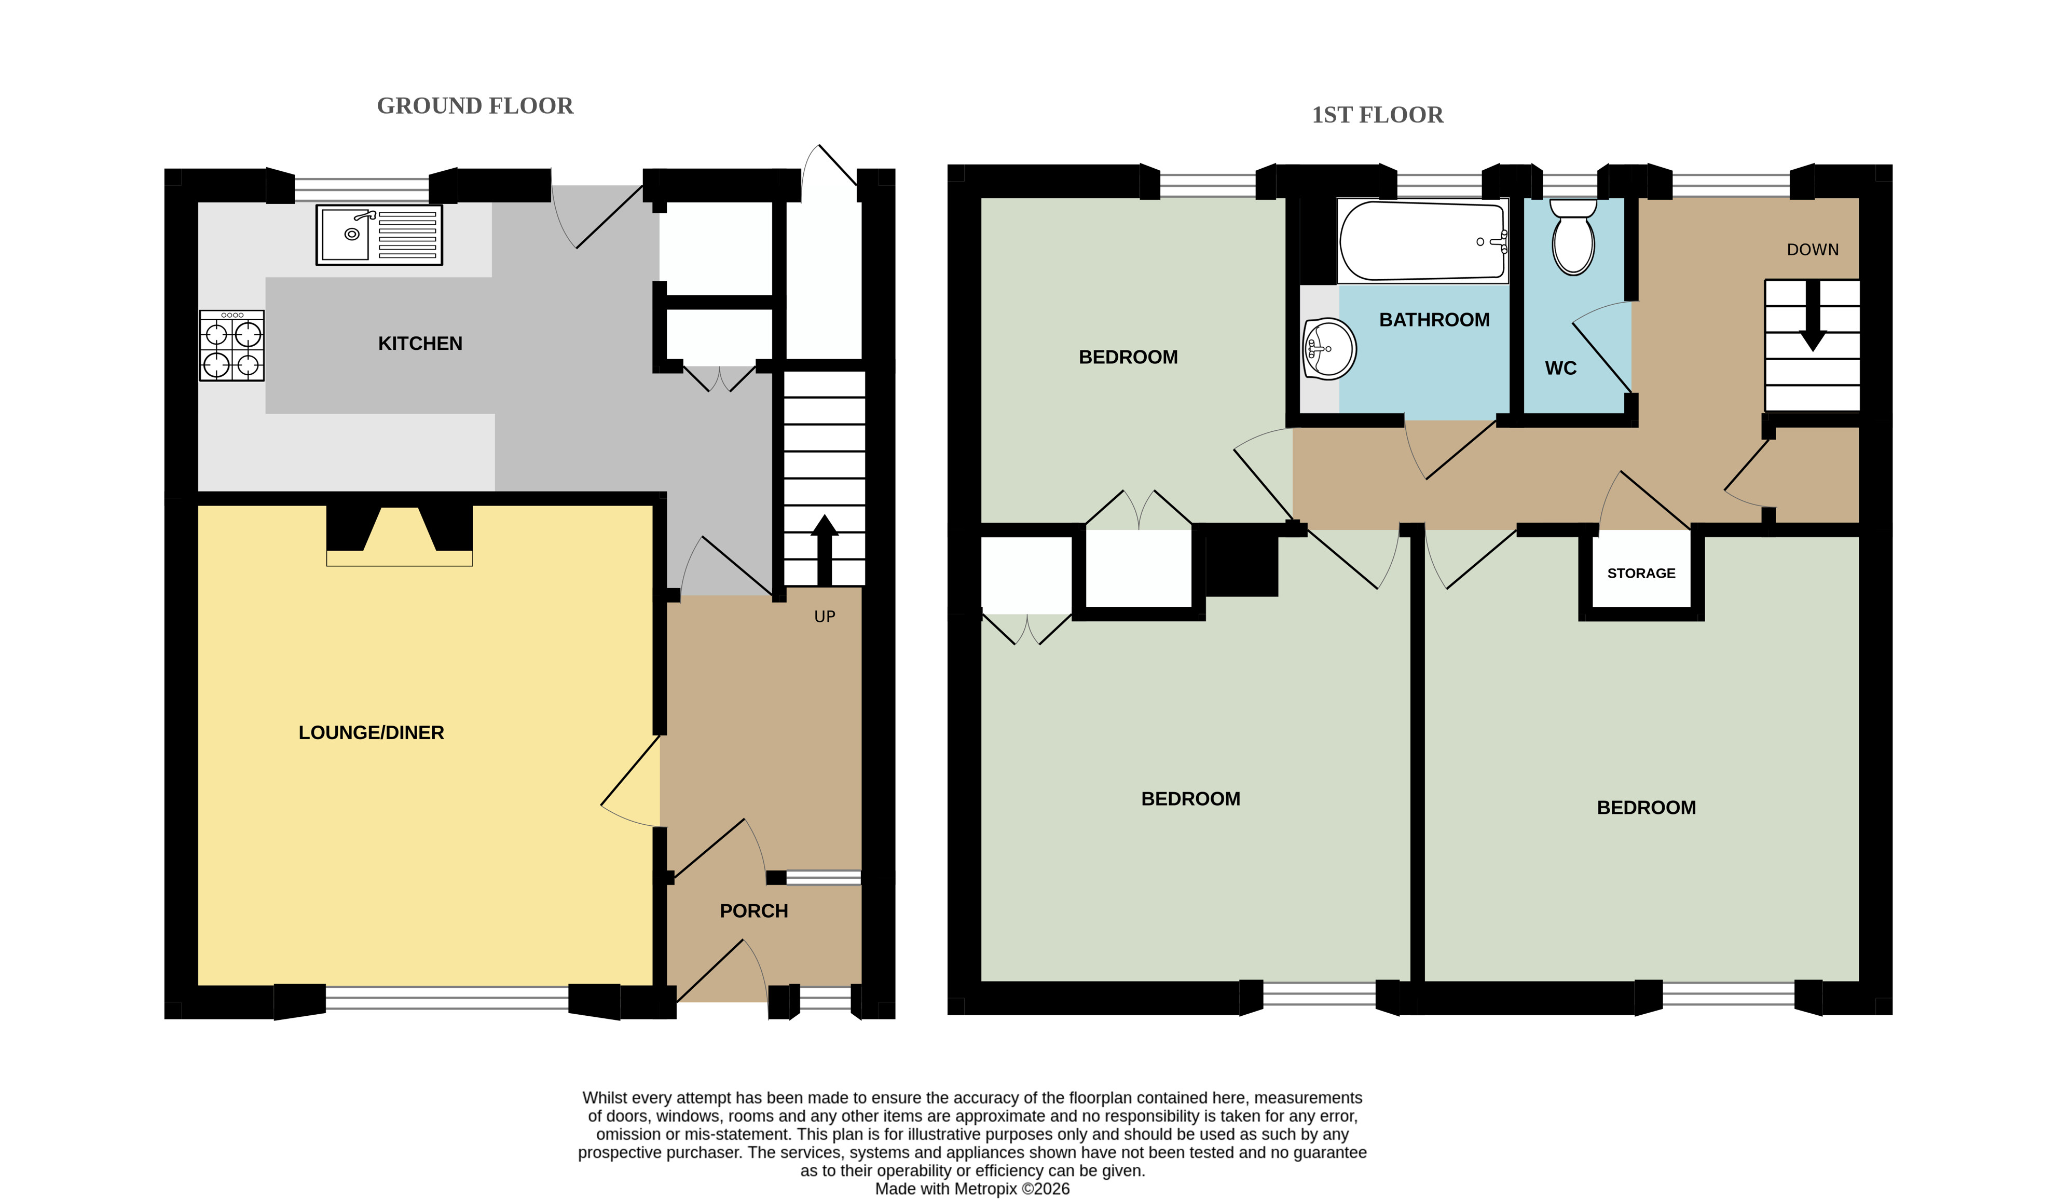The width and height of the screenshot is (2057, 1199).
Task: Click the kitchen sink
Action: (379, 235)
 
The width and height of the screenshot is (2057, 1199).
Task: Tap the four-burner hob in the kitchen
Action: (232, 345)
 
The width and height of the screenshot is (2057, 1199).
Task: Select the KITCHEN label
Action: (420, 344)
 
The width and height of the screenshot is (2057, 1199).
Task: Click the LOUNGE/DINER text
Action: (372, 733)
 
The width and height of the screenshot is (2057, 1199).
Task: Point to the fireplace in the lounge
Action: (399, 536)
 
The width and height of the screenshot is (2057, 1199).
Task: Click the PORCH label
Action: (754, 911)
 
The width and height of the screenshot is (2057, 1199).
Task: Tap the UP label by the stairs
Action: (825, 617)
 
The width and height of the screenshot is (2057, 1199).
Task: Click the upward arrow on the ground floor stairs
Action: (825, 550)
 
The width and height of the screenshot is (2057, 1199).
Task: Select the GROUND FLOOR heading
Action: (475, 106)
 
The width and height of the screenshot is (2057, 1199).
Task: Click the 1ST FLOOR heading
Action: (1378, 115)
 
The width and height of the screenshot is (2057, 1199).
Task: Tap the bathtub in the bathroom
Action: (1423, 241)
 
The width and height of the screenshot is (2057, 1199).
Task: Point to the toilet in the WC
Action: (1573, 238)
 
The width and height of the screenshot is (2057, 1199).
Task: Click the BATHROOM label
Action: (1435, 320)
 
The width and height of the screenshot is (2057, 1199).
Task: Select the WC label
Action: (1561, 368)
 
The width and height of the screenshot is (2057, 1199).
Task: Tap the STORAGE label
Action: (1641, 574)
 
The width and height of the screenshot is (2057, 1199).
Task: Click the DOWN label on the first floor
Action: (1813, 250)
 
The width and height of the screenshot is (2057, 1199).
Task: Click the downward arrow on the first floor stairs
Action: (1813, 316)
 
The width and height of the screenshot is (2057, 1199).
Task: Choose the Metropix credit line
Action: (972, 1189)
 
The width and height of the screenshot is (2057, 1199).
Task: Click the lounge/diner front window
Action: (447, 998)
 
